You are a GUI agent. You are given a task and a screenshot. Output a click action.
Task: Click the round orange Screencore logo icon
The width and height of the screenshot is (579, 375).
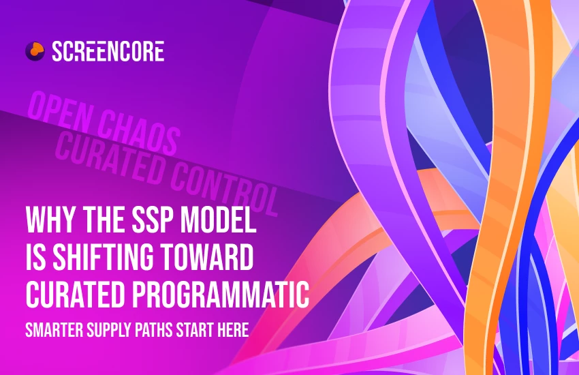pyautogui.click(x=34, y=50)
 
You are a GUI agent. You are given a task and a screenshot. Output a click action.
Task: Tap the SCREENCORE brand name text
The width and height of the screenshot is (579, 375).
pyautogui.click(x=108, y=50)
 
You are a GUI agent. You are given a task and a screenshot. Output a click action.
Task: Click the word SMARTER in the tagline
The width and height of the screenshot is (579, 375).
pyautogui.click(x=53, y=332)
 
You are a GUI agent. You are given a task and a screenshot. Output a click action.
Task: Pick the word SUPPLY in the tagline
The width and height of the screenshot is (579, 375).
pyautogui.click(x=110, y=332)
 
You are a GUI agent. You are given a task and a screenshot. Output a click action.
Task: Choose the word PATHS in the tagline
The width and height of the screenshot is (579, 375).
pyautogui.click(x=157, y=332)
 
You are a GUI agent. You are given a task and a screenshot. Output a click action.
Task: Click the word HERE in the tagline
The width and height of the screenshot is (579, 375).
pyautogui.click(x=236, y=332)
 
